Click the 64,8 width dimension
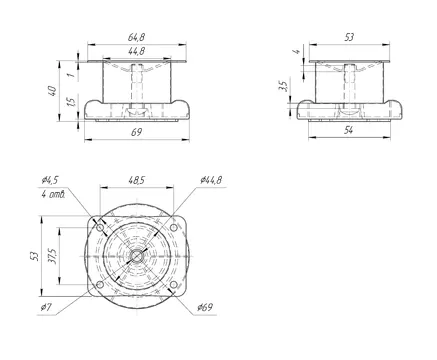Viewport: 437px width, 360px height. [x=136, y=37]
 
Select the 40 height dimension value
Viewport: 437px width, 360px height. [x=52, y=91]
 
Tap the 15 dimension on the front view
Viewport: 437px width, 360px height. [x=71, y=101]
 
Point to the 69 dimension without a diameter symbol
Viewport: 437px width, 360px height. [x=136, y=132]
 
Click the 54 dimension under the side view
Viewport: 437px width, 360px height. [x=348, y=130]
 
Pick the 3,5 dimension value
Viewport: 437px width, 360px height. [x=283, y=86]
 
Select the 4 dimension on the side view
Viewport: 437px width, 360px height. [x=296, y=51]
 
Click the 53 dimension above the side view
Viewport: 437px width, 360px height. [x=349, y=37]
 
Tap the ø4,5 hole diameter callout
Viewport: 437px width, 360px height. [x=50, y=180]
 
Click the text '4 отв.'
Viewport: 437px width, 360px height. [x=53, y=194]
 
